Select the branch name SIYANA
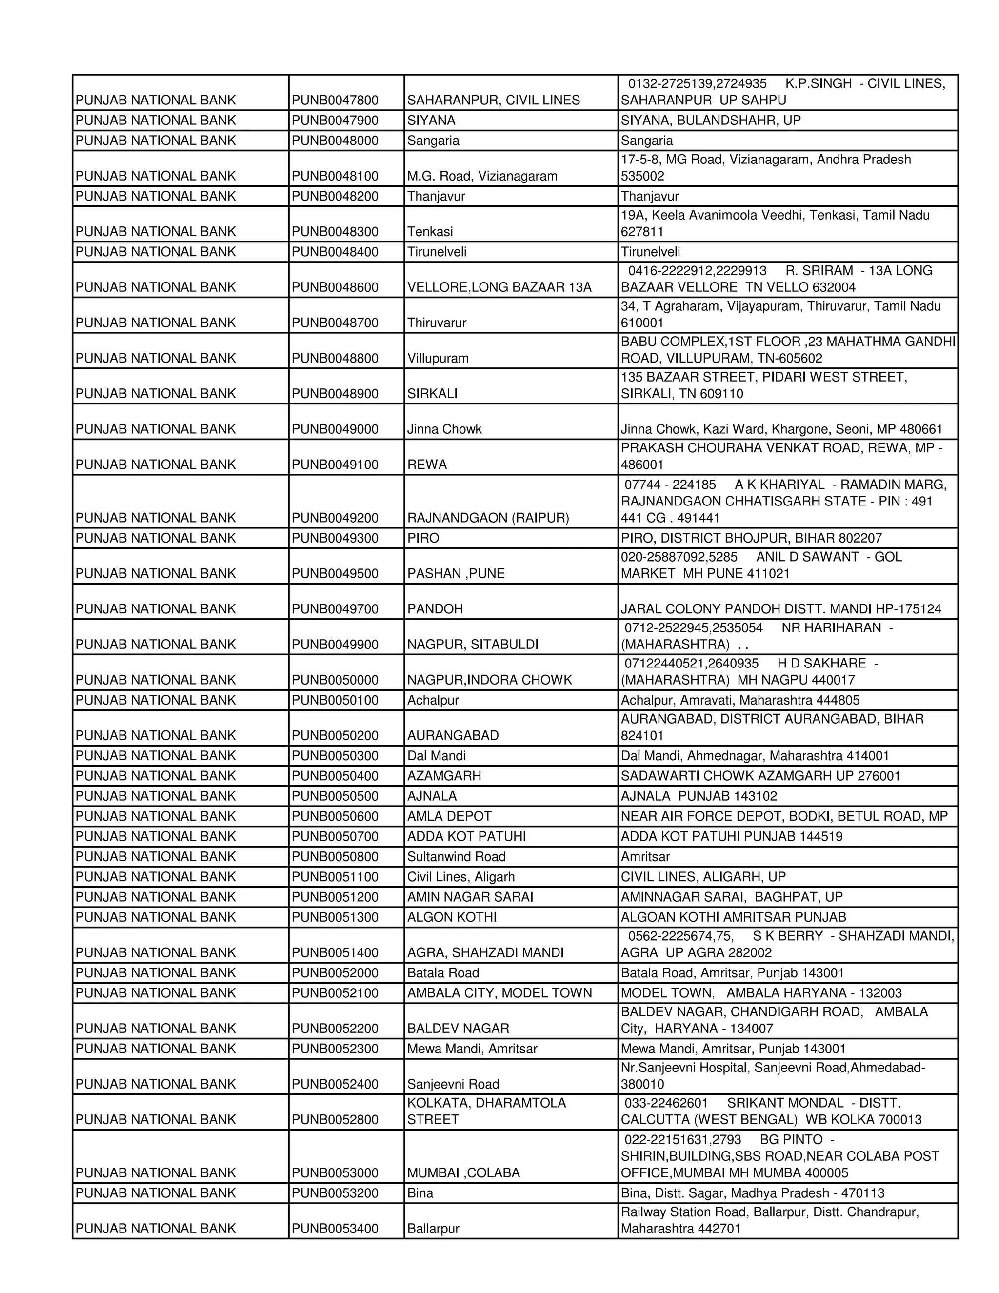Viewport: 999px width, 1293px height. click(x=431, y=120)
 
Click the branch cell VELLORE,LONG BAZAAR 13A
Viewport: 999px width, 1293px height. click(x=499, y=287)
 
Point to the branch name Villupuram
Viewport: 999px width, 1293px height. click(x=438, y=358)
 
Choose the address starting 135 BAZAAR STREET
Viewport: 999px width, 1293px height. click(x=763, y=385)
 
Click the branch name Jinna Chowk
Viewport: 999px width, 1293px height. click(x=444, y=429)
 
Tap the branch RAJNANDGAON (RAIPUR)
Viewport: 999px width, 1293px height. click(x=488, y=518)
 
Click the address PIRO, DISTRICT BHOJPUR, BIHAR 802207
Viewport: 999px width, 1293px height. click(x=751, y=538)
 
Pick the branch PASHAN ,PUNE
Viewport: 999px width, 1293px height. click(x=456, y=574)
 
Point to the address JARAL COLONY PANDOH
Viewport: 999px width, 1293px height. click(x=780, y=609)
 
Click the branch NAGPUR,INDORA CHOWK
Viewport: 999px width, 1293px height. click(x=489, y=680)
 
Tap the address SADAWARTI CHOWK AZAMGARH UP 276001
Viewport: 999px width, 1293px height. click(x=760, y=776)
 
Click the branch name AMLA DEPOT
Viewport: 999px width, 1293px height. click(x=449, y=816)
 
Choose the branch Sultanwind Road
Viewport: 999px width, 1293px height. click(x=456, y=857)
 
